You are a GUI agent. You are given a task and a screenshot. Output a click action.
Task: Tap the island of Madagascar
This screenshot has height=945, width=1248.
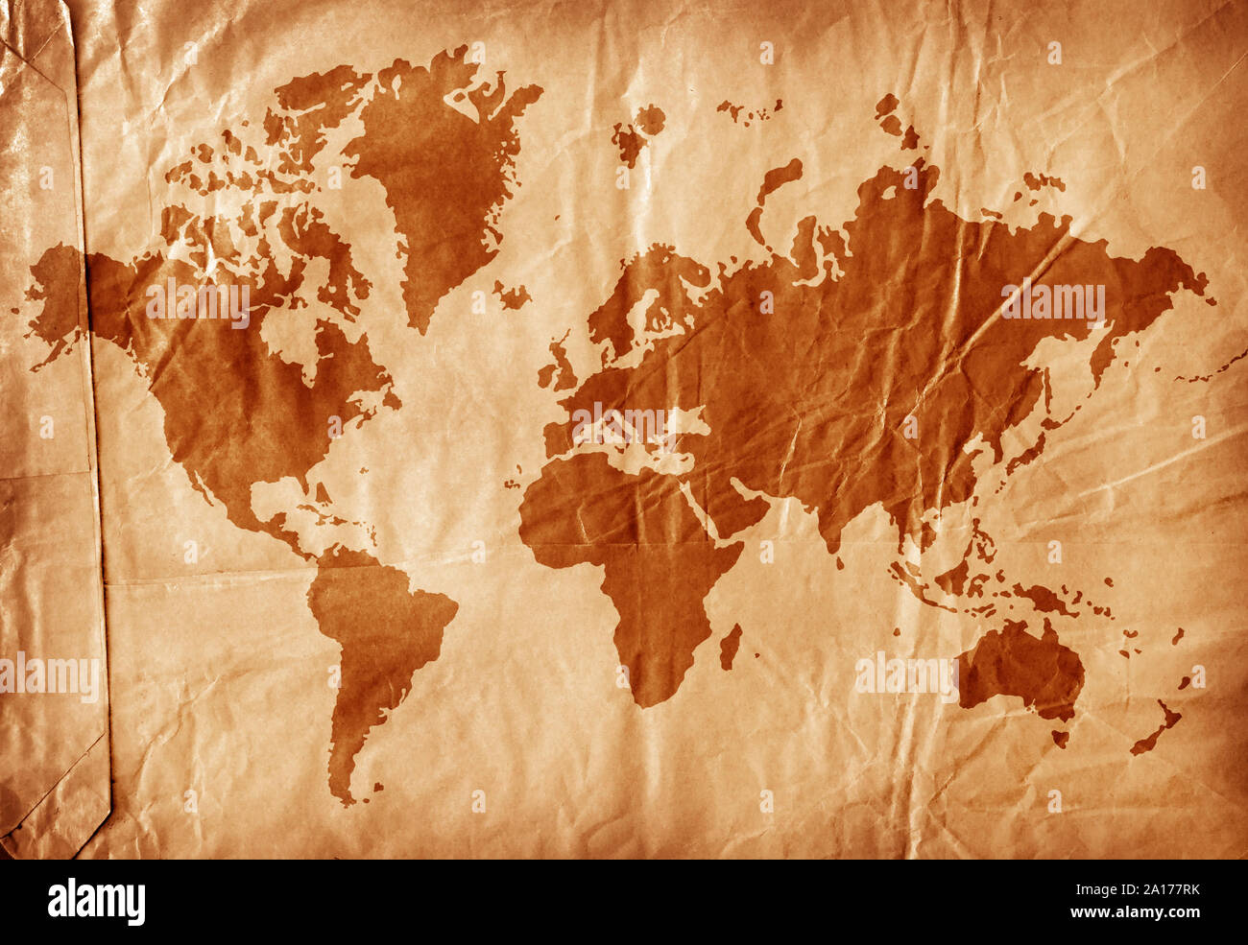[731, 646]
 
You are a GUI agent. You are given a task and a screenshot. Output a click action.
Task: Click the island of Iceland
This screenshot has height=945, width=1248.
[512, 295]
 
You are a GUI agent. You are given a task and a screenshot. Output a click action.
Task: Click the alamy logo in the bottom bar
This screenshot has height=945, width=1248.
[96, 902]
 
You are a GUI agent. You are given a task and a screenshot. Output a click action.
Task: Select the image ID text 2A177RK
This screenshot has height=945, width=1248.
[1151, 888]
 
